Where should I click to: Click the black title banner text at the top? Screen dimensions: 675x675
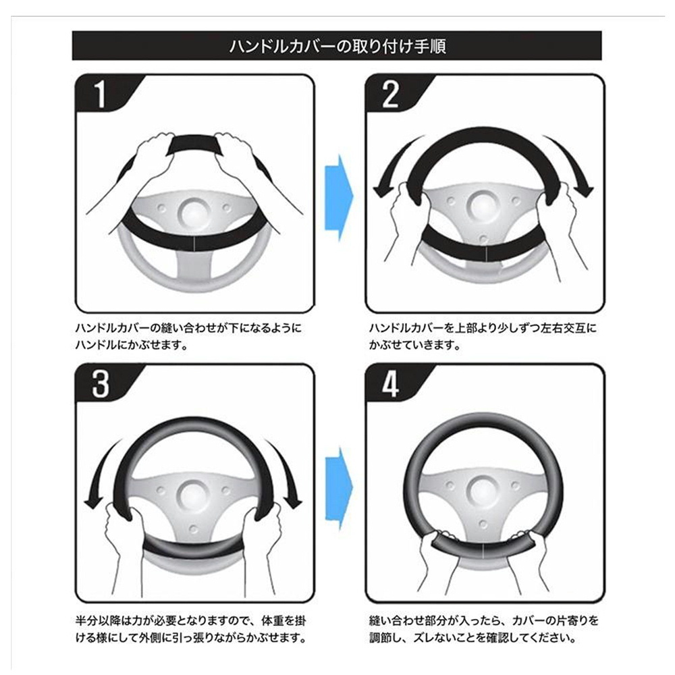coord(337,47)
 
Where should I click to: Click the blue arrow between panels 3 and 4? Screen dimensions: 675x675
coord(340,487)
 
